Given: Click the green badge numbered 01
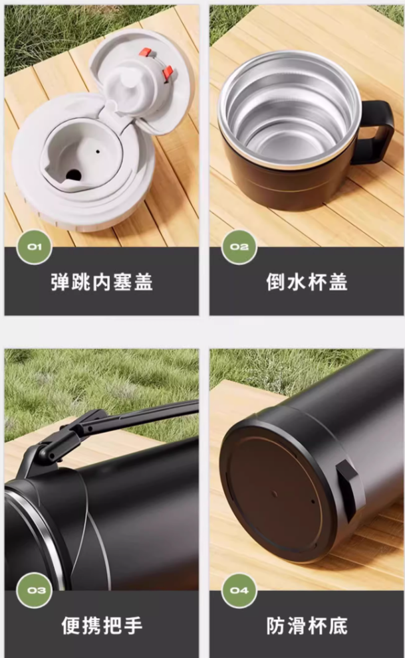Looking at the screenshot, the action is pos(35,247).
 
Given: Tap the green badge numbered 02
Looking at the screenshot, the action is pos(239,247).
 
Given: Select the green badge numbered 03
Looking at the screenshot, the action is pos(35,590).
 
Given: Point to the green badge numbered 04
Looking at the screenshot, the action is pos(239,590).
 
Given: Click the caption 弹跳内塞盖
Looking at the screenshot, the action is pos(102,282).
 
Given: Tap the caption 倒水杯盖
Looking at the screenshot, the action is pos(307,282).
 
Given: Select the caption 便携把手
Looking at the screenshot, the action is pos(102,625).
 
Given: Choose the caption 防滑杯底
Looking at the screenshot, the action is pos(307,625).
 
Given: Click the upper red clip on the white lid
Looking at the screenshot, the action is pos(146,52).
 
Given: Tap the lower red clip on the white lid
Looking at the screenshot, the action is pos(168,72).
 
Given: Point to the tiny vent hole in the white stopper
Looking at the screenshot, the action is pos(98,151).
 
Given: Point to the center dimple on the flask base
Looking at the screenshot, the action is pos(275,494).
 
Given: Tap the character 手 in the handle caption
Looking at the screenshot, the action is pos(133,625).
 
